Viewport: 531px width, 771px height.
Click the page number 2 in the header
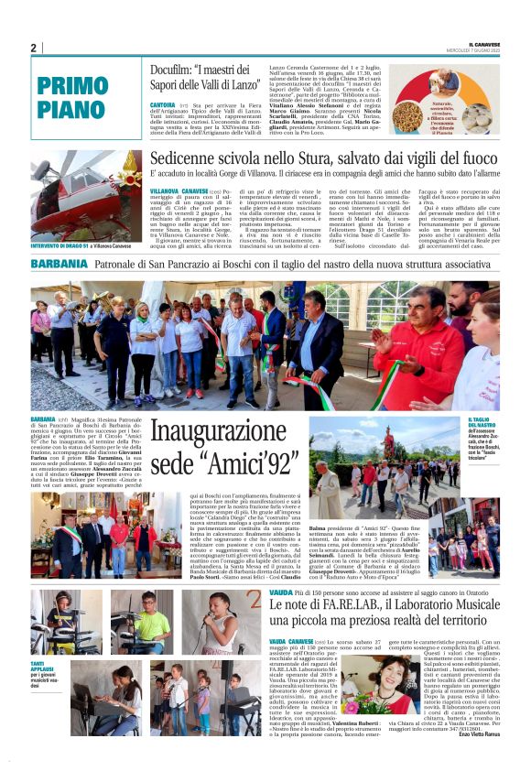tap(34, 48)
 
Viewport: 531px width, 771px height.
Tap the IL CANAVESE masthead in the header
tap(484, 44)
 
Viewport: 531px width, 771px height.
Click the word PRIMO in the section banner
tap(74, 87)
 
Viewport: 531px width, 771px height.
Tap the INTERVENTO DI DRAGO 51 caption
tap(60, 246)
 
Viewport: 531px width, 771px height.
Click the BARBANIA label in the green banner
tap(60, 264)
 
